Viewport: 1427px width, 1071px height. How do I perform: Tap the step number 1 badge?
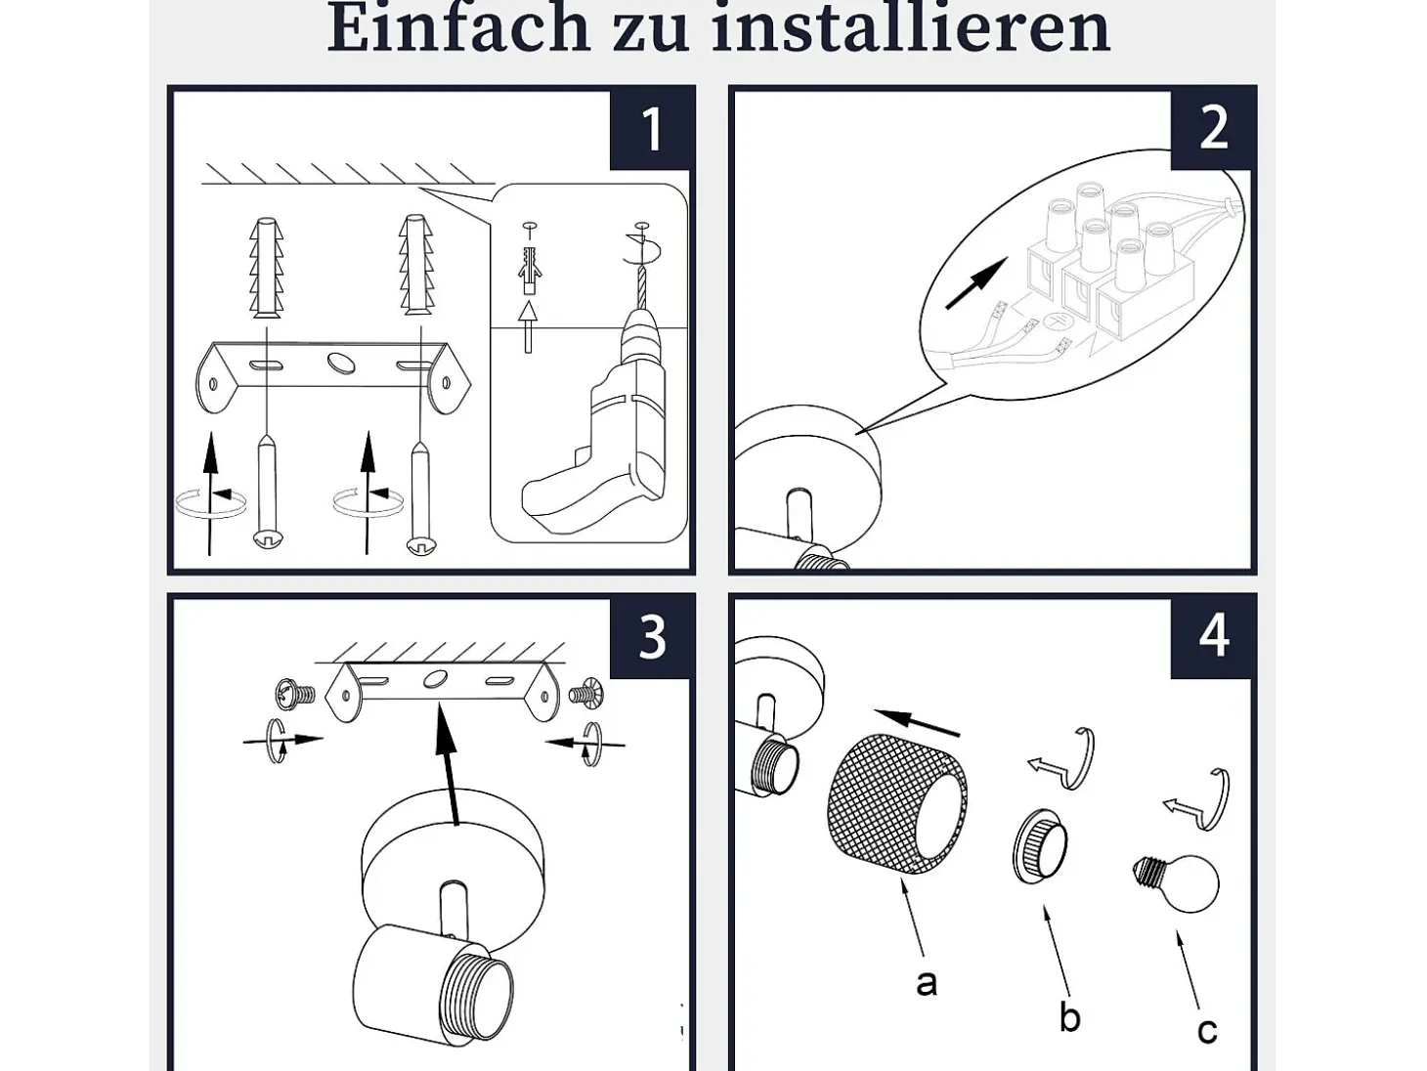tap(651, 129)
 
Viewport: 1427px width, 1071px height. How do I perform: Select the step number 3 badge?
tap(651, 637)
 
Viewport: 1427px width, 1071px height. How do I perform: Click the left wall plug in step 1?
tap(267, 267)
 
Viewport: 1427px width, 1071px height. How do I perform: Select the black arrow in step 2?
tap(976, 282)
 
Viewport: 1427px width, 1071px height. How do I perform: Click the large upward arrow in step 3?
tap(448, 764)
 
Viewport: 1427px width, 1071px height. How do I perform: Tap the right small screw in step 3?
tap(586, 694)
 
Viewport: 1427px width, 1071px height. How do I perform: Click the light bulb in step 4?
tap(1178, 882)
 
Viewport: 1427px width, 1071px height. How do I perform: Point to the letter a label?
tap(926, 983)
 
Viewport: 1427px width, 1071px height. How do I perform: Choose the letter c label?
tap(1207, 1031)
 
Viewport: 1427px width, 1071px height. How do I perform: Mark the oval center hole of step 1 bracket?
tap(342, 363)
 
